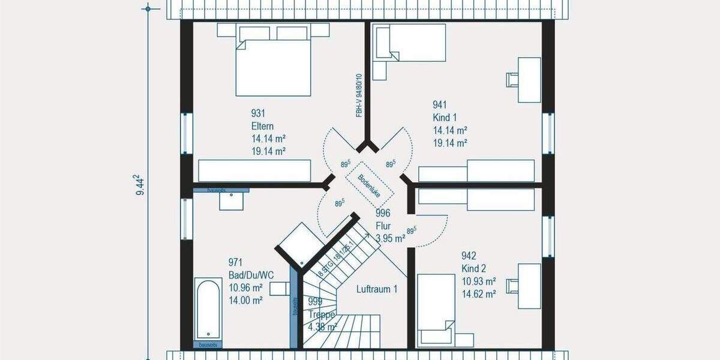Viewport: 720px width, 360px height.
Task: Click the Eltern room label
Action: click(263, 126)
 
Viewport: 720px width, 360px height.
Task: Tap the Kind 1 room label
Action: click(445, 118)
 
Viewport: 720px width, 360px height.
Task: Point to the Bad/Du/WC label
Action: click(251, 275)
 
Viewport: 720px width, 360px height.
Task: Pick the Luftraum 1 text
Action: click(377, 289)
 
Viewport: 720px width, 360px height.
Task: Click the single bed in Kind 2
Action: click(437, 310)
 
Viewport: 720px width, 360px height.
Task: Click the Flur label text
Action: click(382, 226)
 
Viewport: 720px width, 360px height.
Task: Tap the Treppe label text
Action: click(319, 314)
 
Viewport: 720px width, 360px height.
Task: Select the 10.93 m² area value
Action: click(478, 281)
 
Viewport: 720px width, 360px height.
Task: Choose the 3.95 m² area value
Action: click(390, 238)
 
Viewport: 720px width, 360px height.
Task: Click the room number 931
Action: click(258, 113)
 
